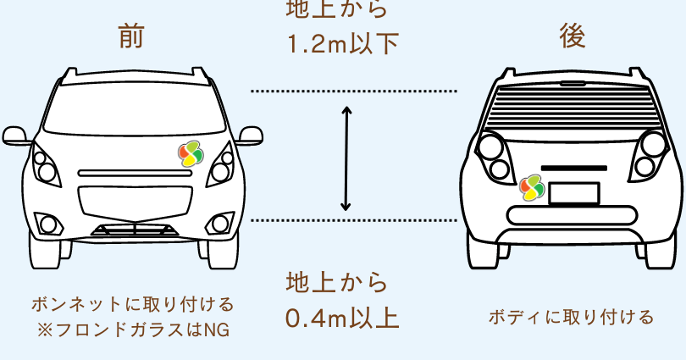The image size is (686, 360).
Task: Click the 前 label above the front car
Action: click(131, 37)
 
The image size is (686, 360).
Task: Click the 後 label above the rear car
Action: click(573, 36)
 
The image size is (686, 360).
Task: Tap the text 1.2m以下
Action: click(342, 43)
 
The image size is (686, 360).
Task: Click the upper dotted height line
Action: click(354, 91)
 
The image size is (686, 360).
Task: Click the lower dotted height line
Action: click(354, 220)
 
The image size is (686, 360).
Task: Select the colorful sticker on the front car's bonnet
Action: click(191, 153)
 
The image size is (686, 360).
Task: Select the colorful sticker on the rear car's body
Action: click(532, 186)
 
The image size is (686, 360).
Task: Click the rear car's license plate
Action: click(573, 192)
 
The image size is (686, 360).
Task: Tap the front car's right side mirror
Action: click(249, 136)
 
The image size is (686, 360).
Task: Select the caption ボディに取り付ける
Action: click(571, 318)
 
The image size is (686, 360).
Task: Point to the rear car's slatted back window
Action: click(573, 105)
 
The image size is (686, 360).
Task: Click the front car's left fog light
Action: click(48, 224)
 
